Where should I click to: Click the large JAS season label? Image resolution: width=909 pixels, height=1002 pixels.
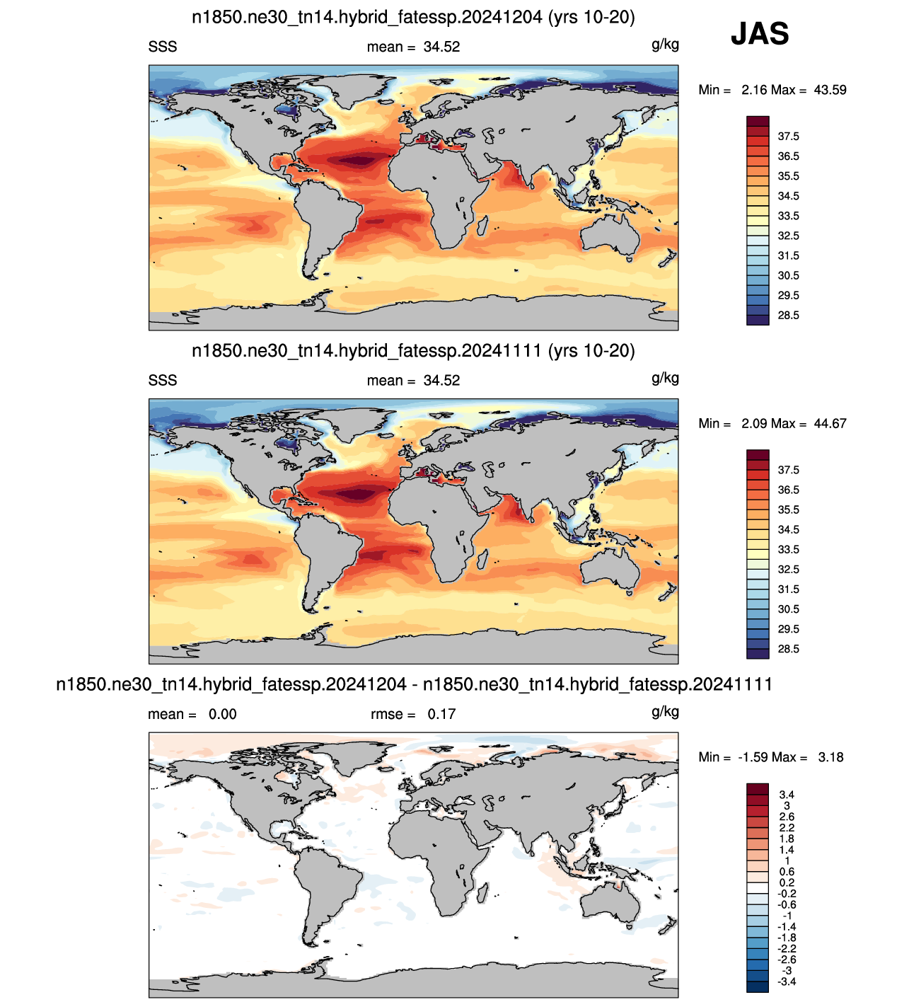(x=760, y=33)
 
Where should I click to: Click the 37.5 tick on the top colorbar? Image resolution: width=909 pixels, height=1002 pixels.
(x=788, y=137)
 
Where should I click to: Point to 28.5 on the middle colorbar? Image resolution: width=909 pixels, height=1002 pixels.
(x=788, y=649)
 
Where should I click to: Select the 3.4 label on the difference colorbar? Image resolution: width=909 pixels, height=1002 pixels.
(x=787, y=794)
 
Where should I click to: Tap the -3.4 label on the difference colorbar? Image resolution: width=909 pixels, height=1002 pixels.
(x=787, y=981)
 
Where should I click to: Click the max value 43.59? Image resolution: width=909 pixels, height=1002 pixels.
(x=830, y=90)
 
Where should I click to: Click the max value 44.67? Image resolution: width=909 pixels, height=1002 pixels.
(x=830, y=424)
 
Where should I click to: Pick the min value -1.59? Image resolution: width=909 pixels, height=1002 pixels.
(x=752, y=757)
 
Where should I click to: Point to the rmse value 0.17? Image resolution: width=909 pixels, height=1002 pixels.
(x=441, y=714)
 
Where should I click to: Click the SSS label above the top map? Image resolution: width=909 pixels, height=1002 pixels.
(x=163, y=47)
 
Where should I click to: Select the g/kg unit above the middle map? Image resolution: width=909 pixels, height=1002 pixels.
(x=665, y=378)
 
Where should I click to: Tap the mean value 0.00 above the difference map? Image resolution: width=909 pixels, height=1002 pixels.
(x=223, y=714)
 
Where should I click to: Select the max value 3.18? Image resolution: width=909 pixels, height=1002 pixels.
(x=830, y=757)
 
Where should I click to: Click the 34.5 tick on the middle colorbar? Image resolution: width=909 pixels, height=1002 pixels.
(x=788, y=529)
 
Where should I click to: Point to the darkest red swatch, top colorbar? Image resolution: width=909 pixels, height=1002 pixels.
(x=758, y=122)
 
